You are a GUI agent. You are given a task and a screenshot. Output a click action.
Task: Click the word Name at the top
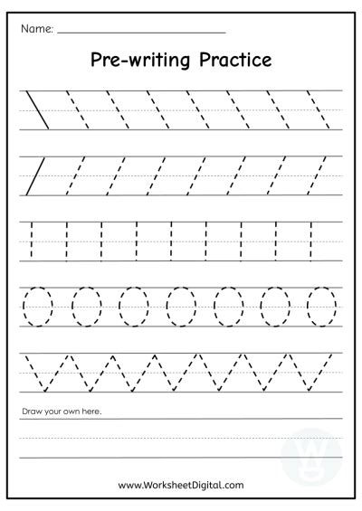point(35,28)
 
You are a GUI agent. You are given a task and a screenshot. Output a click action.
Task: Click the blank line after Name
point(140,33)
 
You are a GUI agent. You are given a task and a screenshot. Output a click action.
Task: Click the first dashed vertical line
point(32,239)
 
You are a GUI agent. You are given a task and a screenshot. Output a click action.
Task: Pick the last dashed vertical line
point(311,239)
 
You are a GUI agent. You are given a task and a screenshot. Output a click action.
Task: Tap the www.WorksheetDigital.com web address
point(181,485)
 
